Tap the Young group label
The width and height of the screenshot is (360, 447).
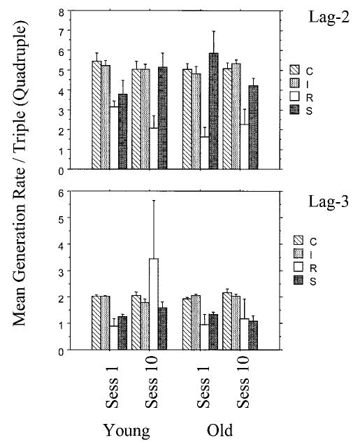click(125, 429)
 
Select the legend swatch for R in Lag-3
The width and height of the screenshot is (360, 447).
click(294, 267)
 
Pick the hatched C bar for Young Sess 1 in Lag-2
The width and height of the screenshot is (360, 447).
click(96, 115)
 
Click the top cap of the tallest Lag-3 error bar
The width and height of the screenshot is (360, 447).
click(154, 201)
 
